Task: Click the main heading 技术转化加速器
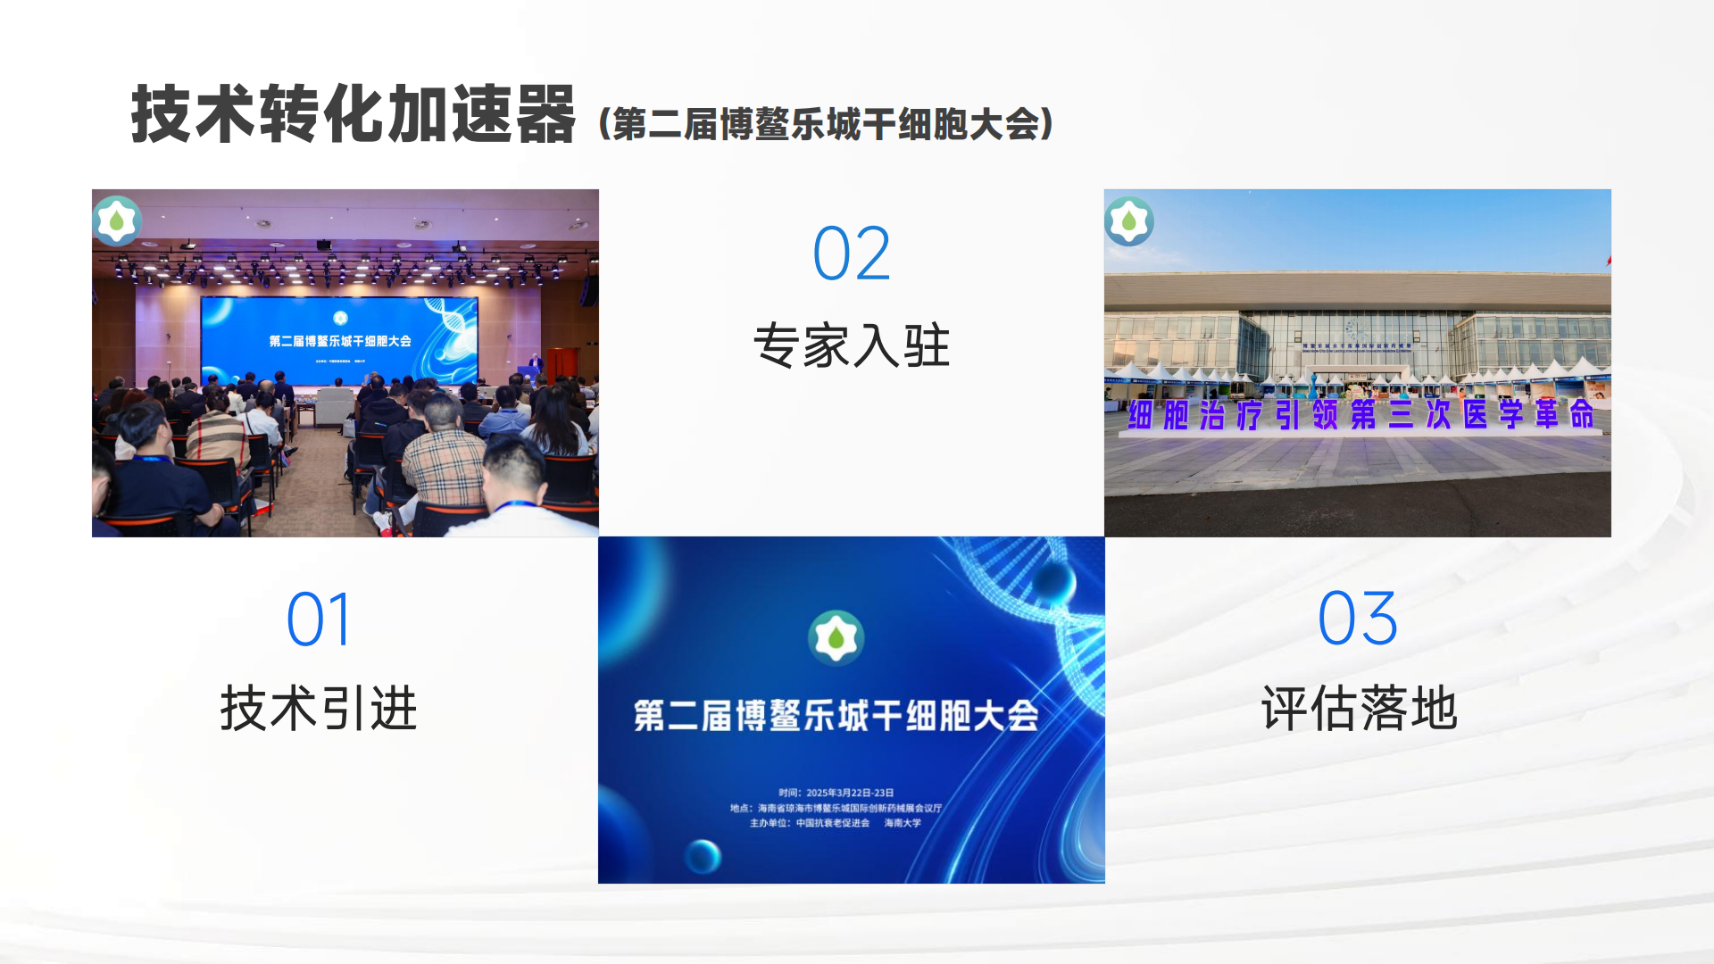pos(353,114)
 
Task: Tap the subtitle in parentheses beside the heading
pos(826,124)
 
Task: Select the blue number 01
pos(319,619)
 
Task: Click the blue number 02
pos(851,254)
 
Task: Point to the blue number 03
pos(1357,619)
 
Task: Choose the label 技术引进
pos(319,709)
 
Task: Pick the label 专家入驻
pos(851,345)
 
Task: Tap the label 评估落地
pos(1359,709)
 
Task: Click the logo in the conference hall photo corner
pos(117,220)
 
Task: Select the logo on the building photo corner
pos(1129,220)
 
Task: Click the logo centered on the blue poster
pos(836,638)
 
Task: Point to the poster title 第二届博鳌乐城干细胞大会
pos(836,716)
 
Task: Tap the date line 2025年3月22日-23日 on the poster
pos(836,793)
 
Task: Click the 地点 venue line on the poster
pos(836,808)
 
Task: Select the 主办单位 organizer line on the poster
pos(836,823)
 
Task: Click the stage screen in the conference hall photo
pos(339,339)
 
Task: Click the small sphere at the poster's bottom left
pos(703,857)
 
